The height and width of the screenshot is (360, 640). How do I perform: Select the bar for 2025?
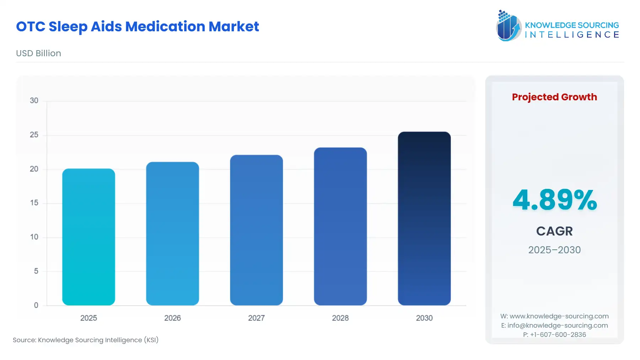pyautogui.click(x=89, y=237)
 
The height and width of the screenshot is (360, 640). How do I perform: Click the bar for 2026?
pyautogui.click(x=172, y=234)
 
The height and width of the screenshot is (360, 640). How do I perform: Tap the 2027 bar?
pyautogui.click(x=256, y=230)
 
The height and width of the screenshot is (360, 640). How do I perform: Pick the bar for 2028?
pyautogui.click(x=340, y=226)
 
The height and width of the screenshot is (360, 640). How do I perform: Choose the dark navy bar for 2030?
pyautogui.click(x=424, y=218)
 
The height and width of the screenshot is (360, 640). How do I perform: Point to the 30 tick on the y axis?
pyautogui.click(x=34, y=101)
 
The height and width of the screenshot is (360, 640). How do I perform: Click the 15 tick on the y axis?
pyautogui.click(x=34, y=203)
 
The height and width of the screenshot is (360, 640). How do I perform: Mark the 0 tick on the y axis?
pyautogui.click(x=36, y=305)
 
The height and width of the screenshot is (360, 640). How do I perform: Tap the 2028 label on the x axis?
pyautogui.click(x=340, y=318)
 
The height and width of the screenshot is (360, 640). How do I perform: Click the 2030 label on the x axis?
pyautogui.click(x=424, y=318)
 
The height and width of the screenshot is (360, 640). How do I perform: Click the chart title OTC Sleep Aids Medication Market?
pyautogui.click(x=138, y=27)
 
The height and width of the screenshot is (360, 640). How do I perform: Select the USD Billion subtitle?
pyautogui.click(x=38, y=53)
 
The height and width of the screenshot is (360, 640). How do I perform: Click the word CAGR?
pyautogui.click(x=554, y=231)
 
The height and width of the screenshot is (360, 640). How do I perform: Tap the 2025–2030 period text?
pyautogui.click(x=554, y=250)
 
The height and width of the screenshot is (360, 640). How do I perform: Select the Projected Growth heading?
pyautogui.click(x=554, y=97)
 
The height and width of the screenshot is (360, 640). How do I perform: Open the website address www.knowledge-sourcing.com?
pyautogui.click(x=559, y=316)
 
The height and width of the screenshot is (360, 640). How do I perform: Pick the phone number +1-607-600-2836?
pyautogui.click(x=558, y=335)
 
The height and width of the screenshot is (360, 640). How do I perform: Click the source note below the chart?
pyautogui.click(x=86, y=340)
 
